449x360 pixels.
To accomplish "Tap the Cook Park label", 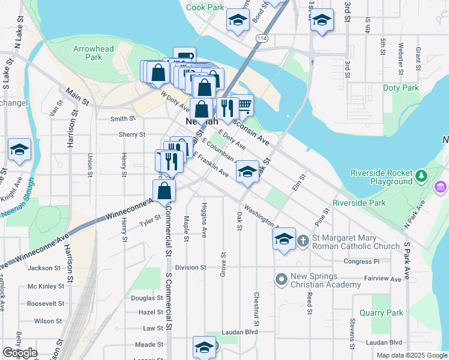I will click(x=205, y=7).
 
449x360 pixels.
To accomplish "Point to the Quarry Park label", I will click(x=381, y=313).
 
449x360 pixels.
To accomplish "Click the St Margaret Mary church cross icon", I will click(x=304, y=241).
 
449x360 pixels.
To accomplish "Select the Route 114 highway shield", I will click(x=261, y=38).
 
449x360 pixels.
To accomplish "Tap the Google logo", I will click(x=20, y=353).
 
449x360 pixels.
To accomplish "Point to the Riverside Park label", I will click(x=360, y=203).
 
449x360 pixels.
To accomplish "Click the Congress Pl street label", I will click(x=363, y=262).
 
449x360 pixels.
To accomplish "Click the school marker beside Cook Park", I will click(x=238, y=20).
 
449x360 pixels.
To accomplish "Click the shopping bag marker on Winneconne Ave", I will click(x=164, y=192).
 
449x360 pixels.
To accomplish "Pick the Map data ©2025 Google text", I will click(x=411, y=355).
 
